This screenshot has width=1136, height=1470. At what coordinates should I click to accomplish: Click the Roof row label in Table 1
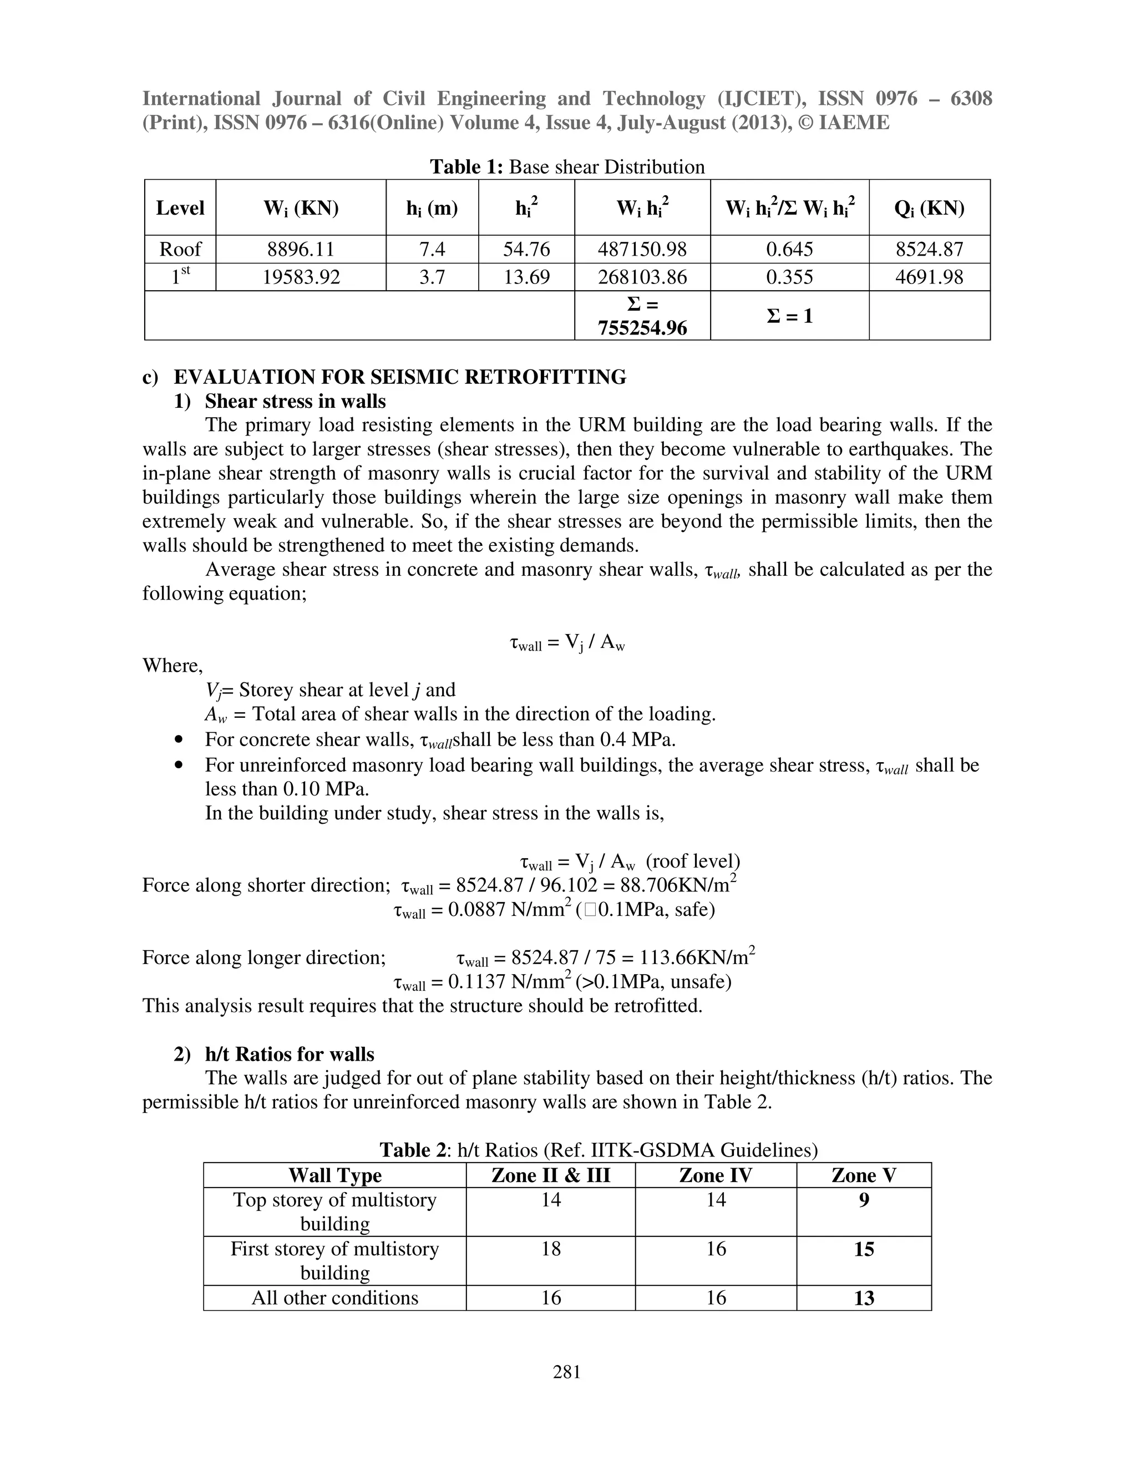pyautogui.click(x=180, y=249)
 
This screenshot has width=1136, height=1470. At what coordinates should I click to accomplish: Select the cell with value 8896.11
pyautogui.click(x=300, y=249)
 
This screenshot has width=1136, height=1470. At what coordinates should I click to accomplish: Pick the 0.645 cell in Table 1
pyautogui.click(x=789, y=249)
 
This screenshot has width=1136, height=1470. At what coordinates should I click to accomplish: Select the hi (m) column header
pyautogui.click(x=432, y=208)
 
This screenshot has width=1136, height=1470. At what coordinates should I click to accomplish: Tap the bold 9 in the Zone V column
pyautogui.click(x=864, y=1199)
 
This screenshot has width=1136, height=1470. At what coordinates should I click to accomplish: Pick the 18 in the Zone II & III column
pyautogui.click(x=550, y=1249)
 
